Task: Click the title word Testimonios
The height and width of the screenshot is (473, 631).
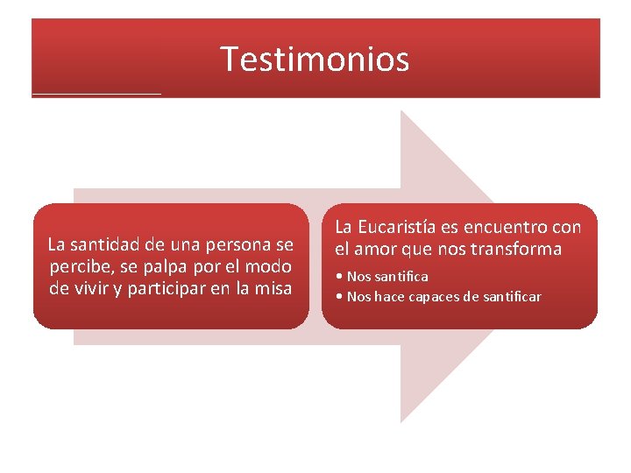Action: [315, 59]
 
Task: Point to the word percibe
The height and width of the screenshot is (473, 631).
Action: [79, 265]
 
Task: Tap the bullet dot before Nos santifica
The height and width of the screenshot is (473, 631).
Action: [339, 277]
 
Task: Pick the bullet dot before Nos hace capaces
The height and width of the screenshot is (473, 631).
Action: [339, 297]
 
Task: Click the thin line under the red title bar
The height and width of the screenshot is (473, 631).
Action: [96, 93]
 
